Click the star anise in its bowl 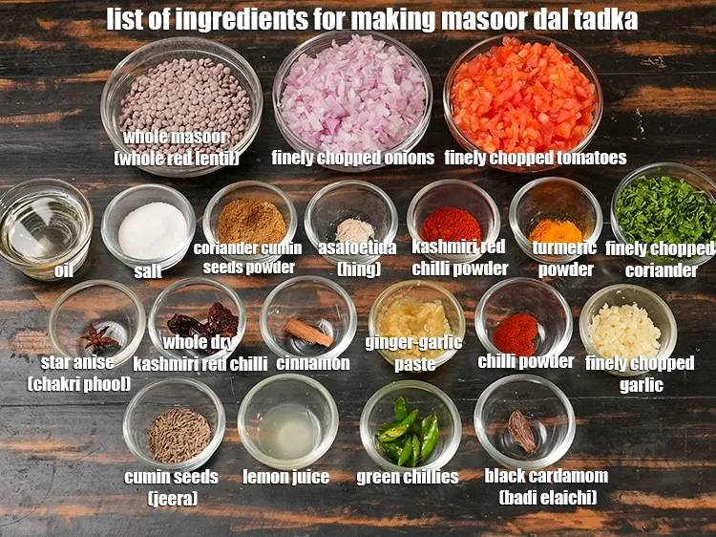97,337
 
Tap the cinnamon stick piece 308,332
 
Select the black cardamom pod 522,431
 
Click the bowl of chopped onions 352,92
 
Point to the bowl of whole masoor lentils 181,96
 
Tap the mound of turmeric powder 556,230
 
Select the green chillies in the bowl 409,433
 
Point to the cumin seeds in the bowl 179,434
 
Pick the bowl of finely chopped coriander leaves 665,212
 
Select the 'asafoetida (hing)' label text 357,258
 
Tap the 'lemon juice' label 285,477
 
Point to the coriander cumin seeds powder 251,222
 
